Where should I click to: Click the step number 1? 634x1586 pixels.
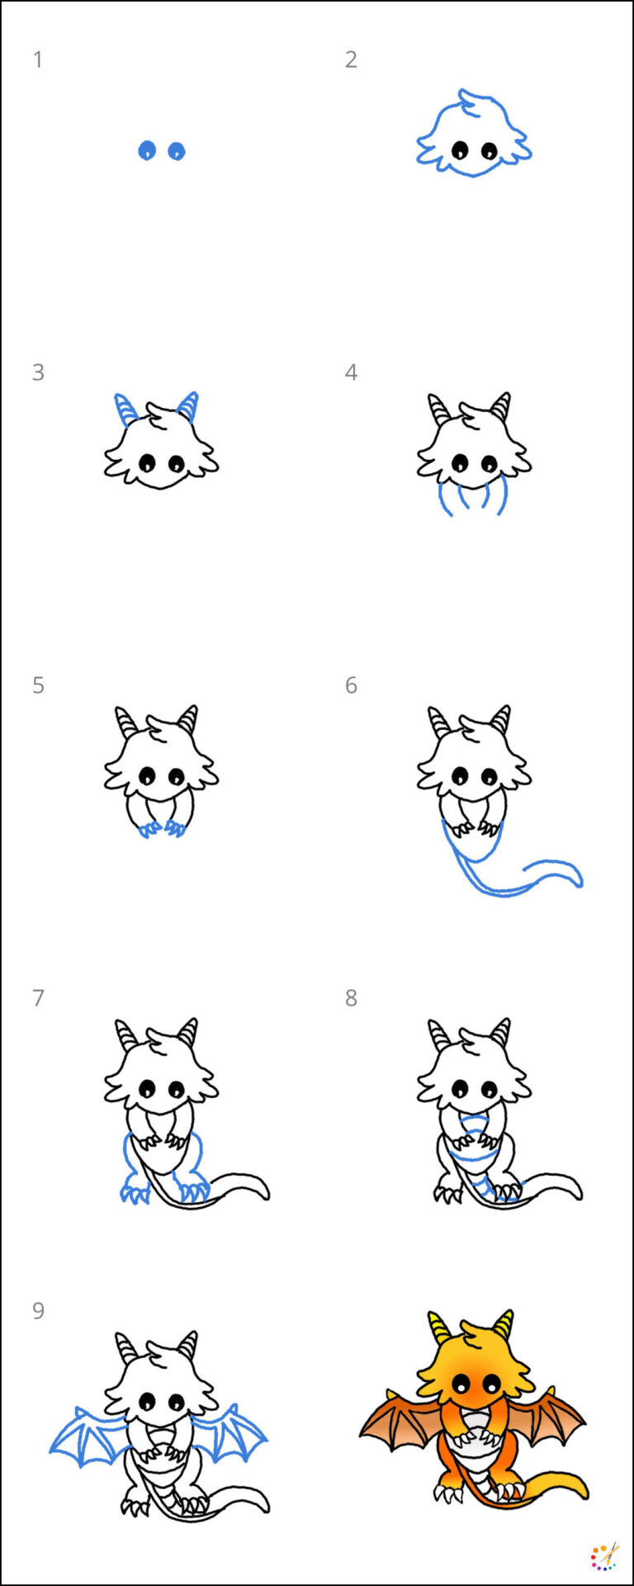37,59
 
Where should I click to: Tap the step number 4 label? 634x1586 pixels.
351,372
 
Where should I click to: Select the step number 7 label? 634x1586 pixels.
38,998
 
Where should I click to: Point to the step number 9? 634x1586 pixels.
38,1311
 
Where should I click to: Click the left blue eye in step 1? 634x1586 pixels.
147,150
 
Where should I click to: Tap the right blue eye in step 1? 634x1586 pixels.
177,151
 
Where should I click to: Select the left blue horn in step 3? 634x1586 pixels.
125,409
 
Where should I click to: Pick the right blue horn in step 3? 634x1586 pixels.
188,406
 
